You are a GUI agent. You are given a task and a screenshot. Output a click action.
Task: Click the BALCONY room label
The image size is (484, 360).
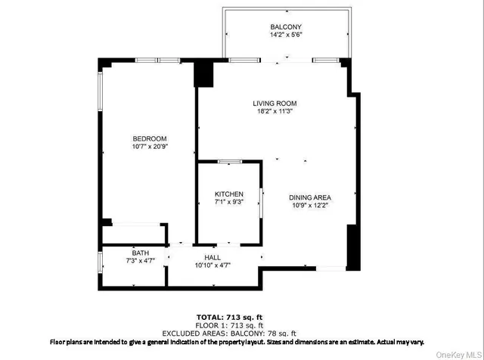286,26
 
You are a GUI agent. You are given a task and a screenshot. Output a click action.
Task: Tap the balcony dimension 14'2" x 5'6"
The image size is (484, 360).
286,35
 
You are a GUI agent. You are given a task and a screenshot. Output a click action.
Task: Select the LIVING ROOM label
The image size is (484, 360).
275,103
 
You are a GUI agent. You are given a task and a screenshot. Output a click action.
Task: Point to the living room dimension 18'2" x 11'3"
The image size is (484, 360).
275,112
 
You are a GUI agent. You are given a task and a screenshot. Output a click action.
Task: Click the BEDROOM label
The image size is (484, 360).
149,138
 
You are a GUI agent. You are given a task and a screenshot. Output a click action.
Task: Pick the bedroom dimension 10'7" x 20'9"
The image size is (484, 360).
149,147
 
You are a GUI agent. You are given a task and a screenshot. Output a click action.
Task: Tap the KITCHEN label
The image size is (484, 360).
228,194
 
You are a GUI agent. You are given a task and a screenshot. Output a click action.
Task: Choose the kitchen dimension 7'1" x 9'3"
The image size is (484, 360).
228,203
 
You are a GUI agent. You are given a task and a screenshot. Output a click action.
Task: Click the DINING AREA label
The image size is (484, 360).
310,197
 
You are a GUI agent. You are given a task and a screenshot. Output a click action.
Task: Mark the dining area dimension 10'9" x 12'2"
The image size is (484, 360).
310,206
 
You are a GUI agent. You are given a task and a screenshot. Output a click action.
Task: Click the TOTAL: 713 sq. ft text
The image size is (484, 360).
241,316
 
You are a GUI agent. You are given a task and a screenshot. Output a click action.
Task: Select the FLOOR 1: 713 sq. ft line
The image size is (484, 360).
241,324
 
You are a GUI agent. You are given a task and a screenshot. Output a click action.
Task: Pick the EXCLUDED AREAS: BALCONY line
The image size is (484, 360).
241,333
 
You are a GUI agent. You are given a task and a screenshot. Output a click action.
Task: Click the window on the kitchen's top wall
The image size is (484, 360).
229,161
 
